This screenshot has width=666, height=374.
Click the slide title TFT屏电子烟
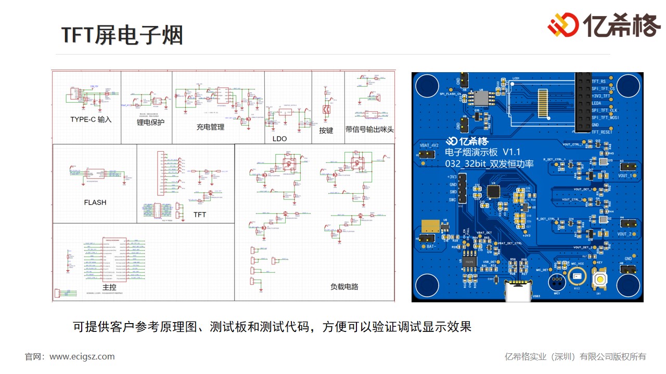tap(122, 35)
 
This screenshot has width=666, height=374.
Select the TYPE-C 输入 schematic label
tap(91, 119)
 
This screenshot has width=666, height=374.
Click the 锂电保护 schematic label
tap(151, 123)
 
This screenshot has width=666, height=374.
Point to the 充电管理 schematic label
tap(210, 127)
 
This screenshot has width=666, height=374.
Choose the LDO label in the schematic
tap(279, 139)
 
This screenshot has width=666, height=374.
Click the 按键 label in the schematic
tap(326, 130)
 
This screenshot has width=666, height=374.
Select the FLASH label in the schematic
tap(95, 203)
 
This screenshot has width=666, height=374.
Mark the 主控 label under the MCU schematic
tap(109, 287)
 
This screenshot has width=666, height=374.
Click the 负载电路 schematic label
tap(344, 287)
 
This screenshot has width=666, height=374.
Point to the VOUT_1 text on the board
tap(624, 176)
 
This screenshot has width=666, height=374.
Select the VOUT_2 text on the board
tap(624, 234)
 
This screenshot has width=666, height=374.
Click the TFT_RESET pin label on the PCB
tap(602, 132)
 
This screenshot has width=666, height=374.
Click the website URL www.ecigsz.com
tap(82, 357)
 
